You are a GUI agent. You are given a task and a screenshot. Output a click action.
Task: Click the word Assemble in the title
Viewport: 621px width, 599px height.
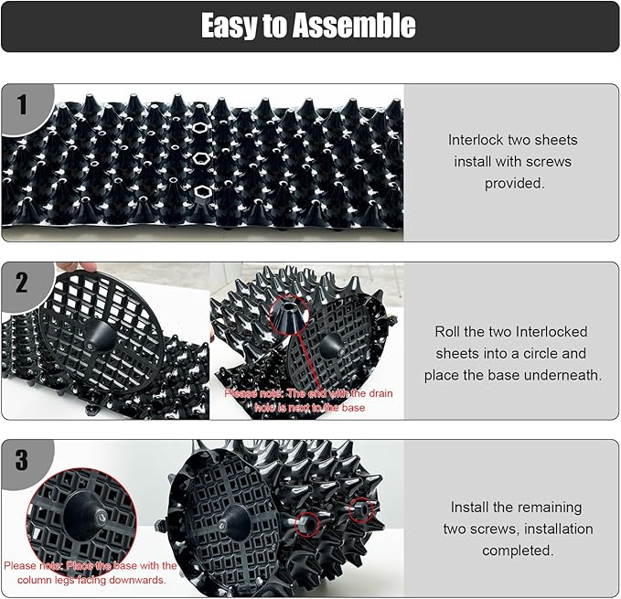tap(354, 26)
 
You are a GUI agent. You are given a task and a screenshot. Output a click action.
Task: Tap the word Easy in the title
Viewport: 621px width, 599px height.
tap(230, 27)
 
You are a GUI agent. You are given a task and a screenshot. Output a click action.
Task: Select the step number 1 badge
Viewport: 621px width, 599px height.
tap(22, 104)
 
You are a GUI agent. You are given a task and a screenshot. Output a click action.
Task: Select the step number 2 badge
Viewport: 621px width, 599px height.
tap(22, 283)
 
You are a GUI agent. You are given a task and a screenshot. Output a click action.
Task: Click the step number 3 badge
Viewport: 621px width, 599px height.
tap(22, 460)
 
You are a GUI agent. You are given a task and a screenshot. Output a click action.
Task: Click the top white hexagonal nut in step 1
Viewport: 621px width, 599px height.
tap(198, 127)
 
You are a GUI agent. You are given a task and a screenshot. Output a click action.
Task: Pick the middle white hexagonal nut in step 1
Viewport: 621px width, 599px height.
tap(201, 159)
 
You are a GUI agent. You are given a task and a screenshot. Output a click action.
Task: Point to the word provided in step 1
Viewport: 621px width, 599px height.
tap(514, 183)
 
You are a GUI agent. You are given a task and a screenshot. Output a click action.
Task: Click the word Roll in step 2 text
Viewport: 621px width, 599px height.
tap(447, 331)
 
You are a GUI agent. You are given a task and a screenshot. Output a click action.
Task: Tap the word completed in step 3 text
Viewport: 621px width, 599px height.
tap(517, 551)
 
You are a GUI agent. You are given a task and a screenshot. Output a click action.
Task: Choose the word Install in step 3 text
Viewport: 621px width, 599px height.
tap(470, 508)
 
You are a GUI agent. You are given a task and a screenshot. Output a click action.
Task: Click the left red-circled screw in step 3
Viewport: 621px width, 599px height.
tap(307, 524)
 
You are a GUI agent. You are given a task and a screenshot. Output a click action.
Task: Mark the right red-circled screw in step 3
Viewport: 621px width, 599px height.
tap(360, 509)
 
